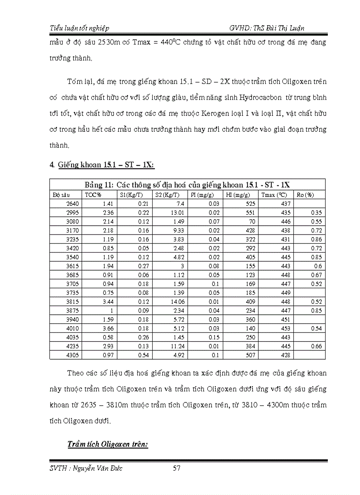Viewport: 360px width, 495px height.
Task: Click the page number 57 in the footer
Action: click(176, 468)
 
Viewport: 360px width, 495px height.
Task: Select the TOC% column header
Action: click(93, 195)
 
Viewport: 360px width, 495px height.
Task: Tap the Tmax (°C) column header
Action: click(274, 195)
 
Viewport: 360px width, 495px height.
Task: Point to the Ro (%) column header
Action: click(305, 195)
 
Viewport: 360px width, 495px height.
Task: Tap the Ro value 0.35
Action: click(316, 212)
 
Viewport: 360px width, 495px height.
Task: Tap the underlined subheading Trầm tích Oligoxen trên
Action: click(108, 444)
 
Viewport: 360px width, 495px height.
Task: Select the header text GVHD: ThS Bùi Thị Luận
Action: click(267, 28)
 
